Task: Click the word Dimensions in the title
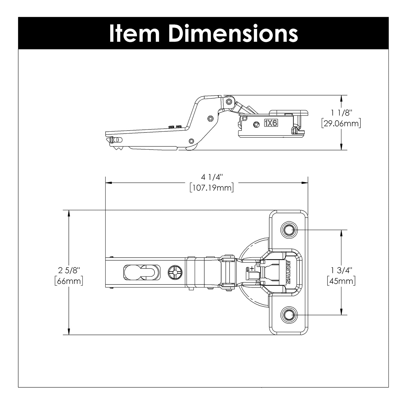pyautogui.click(x=233, y=33)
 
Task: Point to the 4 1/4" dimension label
pyautogui.click(x=212, y=177)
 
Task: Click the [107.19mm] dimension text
pyautogui.click(x=212, y=188)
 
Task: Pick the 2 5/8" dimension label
pyautogui.click(x=69, y=270)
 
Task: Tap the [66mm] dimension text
pyautogui.click(x=69, y=281)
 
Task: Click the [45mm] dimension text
pyautogui.click(x=341, y=281)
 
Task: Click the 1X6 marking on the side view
pyautogui.click(x=271, y=123)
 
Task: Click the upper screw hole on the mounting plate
pyautogui.click(x=289, y=230)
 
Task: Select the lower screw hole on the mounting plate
pyautogui.click(x=289, y=315)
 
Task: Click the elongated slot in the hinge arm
pyautogui.click(x=141, y=272)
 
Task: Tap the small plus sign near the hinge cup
pyautogui.click(x=252, y=269)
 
